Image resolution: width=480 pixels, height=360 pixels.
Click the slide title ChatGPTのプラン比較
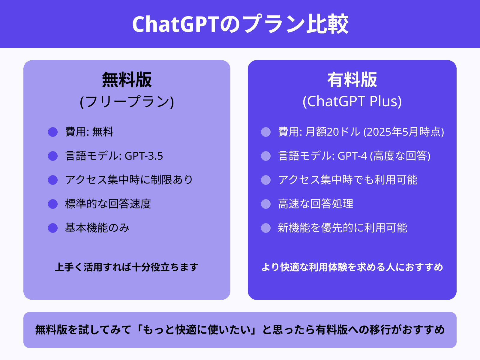pyautogui.click(x=240, y=24)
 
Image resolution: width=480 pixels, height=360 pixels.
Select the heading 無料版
pyautogui.click(x=127, y=80)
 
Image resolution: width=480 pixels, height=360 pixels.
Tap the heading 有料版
pyautogui.click(x=352, y=80)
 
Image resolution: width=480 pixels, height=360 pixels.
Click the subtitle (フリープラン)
pyautogui.click(x=127, y=101)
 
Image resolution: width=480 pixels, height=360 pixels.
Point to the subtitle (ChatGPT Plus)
pyautogui.click(x=352, y=101)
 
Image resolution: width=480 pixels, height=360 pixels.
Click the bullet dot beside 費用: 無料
pyautogui.click(x=53, y=132)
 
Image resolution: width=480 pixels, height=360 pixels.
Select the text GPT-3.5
pyautogui.click(x=144, y=156)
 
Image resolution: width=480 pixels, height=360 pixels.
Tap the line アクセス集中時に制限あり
pyautogui.click(x=129, y=180)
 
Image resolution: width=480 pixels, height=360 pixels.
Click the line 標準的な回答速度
pyautogui.click(x=108, y=204)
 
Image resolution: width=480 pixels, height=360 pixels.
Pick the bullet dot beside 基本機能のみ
pyautogui.click(x=53, y=228)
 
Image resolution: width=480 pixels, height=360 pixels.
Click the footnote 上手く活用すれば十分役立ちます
pyautogui.click(x=127, y=267)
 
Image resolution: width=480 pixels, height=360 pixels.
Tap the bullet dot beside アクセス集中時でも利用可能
pyautogui.click(x=266, y=180)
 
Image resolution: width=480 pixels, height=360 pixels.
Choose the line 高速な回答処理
pyautogui.click(x=316, y=204)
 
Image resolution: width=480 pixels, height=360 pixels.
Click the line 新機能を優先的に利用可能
pyautogui.click(x=342, y=228)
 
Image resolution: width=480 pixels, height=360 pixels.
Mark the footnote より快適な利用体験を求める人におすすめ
pyautogui.click(x=352, y=267)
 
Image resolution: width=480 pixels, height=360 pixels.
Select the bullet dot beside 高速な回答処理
pyautogui.click(x=266, y=204)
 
